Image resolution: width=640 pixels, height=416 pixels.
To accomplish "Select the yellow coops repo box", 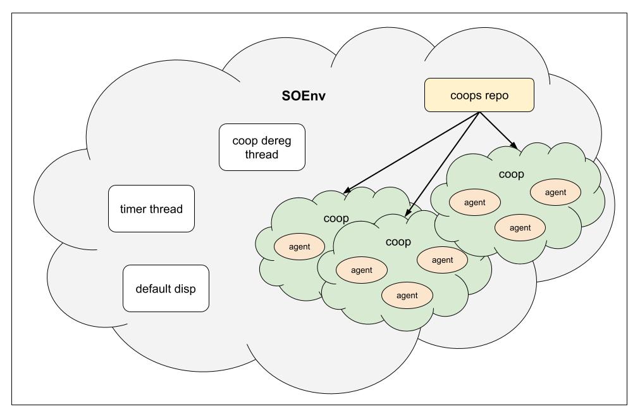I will pos(479,95).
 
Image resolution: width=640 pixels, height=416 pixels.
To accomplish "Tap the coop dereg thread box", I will pos(262,147).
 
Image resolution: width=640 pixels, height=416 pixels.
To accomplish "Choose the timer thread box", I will pos(151,209).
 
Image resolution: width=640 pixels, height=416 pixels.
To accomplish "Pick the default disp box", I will pos(166,289).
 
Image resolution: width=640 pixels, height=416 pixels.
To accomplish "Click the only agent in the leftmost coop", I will pos(299,246).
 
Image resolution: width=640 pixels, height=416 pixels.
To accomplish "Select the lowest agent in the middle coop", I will pos(407,295).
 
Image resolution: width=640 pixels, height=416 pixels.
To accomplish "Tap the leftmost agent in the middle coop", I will pos(362,270).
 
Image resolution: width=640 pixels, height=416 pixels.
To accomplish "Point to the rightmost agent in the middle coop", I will pos(442,260).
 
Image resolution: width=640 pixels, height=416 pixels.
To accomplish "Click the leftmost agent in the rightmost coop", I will pos(474,203).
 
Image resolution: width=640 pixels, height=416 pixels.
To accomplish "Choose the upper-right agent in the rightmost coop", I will pos(555,192).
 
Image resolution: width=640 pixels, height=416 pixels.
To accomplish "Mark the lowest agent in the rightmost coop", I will pos(520,227).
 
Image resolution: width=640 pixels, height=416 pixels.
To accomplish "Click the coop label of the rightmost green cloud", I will pos(511,174).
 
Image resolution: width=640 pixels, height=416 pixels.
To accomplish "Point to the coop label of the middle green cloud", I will pos(398,242).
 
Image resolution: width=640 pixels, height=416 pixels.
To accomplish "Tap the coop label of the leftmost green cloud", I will pos(336,219).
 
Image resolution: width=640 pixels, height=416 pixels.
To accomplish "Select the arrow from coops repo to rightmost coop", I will pos(500,132).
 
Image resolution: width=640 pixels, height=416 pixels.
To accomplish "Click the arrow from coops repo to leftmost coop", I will pos(411,152).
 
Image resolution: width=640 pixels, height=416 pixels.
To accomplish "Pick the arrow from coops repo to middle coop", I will pos(443,165).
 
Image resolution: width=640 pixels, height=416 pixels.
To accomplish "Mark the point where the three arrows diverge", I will pos(479,113).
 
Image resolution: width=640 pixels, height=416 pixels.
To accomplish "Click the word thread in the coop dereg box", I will pos(262,154).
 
